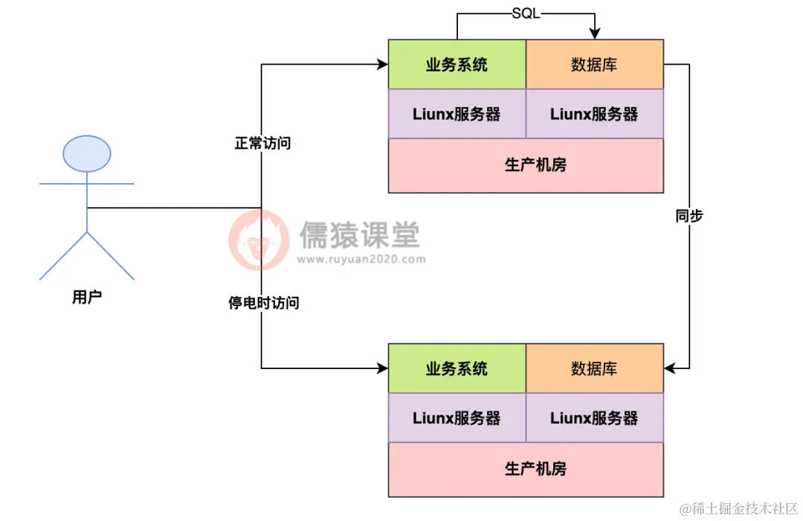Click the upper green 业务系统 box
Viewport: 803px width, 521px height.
[457, 65]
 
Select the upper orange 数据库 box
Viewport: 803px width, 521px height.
[594, 65]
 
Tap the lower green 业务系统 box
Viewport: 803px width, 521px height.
[457, 368]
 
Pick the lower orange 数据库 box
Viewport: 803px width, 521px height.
[594, 368]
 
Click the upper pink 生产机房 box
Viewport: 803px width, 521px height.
[526, 165]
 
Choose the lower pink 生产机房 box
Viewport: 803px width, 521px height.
[526, 469]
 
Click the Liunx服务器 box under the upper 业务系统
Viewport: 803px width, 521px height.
[457, 114]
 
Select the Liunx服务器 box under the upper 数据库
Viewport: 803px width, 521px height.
[594, 114]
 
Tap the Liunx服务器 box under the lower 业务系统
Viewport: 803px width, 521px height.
[457, 418]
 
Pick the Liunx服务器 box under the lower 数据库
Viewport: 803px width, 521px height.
[594, 418]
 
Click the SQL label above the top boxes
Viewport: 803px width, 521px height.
[526, 14]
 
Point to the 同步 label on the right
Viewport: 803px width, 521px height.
[689, 216]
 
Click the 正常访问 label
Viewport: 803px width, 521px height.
[262, 143]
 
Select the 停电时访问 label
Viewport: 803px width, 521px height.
[263, 303]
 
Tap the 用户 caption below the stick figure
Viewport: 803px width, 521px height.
[87, 298]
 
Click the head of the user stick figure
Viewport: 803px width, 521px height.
[87, 154]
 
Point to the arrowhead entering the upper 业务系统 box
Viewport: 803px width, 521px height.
[382, 65]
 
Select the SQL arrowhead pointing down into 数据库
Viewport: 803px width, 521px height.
[594, 33]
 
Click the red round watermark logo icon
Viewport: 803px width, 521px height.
[258, 240]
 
